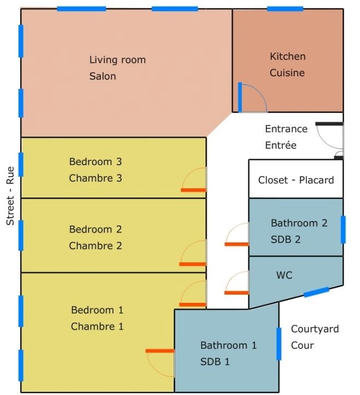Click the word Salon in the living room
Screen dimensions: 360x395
pyautogui.click(x=102, y=76)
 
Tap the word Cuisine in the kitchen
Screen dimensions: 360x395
pyautogui.click(x=287, y=73)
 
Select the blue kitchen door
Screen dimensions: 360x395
pyautogui.click(x=240, y=97)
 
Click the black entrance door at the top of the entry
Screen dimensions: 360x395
pyautogui.click(x=329, y=123)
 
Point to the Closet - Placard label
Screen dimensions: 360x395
pyautogui.click(x=296, y=180)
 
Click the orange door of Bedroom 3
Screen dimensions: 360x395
pyautogui.click(x=193, y=190)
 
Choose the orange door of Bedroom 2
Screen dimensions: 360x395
pyautogui.click(x=192, y=264)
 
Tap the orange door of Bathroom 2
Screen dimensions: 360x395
pyautogui.click(x=237, y=244)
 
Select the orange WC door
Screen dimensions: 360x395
pyautogui.click(x=237, y=293)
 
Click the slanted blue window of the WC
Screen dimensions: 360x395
pyautogui.click(x=317, y=292)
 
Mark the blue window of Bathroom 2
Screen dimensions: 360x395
pyautogui.click(x=343, y=230)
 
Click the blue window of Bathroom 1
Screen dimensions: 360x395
pyautogui.click(x=279, y=344)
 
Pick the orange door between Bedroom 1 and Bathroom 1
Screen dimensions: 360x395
pyautogui.click(x=160, y=351)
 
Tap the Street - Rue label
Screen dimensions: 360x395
pyautogui.click(x=10, y=196)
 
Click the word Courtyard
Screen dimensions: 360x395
pyautogui.click(x=315, y=329)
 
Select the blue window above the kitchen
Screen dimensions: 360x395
pyautogui.click(x=285, y=9)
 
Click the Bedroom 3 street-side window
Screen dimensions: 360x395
pyautogui.click(x=21, y=164)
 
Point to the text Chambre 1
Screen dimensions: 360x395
pyautogui.click(x=97, y=326)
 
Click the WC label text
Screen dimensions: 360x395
pyautogui.click(x=284, y=275)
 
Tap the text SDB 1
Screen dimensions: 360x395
pyautogui.click(x=215, y=362)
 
